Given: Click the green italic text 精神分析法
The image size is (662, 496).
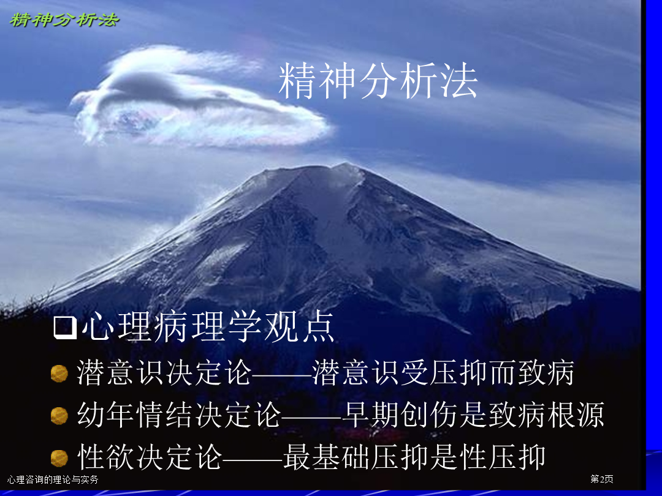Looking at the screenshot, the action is click(x=64, y=20).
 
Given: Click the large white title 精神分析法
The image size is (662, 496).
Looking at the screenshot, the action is click(x=378, y=81).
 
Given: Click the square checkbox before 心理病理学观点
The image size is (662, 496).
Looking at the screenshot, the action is click(x=65, y=328).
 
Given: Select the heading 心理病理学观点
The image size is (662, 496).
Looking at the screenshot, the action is click(x=208, y=326).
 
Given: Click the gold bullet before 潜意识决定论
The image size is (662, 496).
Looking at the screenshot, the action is click(x=59, y=374).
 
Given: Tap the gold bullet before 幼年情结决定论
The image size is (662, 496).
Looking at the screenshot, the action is click(x=59, y=416).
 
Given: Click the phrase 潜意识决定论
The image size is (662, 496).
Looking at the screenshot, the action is click(x=164, y=372).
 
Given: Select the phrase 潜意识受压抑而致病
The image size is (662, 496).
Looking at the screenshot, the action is click(x=443, y=372).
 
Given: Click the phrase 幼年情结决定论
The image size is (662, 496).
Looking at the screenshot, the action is click(x=179, y=415).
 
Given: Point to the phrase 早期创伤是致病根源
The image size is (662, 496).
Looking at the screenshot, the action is click(x=473, y=415).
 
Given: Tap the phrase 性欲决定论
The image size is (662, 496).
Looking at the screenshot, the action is click(x=150, y=457).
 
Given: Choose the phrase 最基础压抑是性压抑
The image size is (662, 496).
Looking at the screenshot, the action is click(x=414, y=457).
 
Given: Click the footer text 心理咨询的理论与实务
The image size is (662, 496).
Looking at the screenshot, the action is click(x=53, y=479).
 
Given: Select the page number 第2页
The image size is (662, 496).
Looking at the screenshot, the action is click(x=602, y=479).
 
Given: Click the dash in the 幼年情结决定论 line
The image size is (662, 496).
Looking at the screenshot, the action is click(x=311, y=415).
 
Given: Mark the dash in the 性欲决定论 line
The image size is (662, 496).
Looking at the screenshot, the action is click(x=253, y=458).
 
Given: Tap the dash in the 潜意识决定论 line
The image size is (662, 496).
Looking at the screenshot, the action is click(x=282, y=374).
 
